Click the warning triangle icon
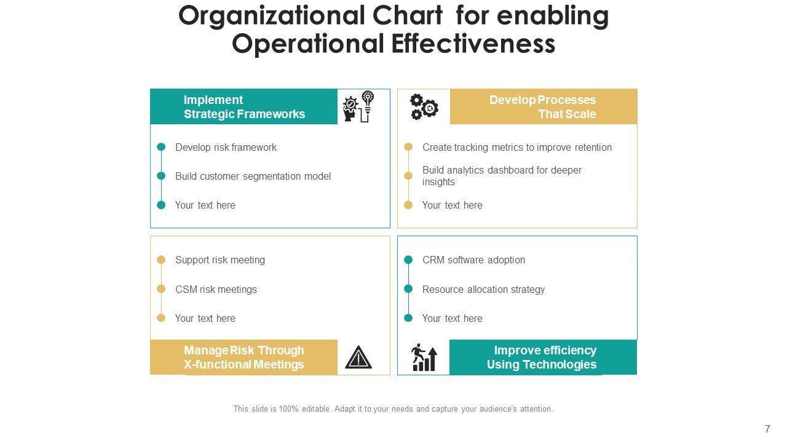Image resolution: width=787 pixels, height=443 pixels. coord(358,357)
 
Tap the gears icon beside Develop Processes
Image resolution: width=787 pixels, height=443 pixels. coord(424,106)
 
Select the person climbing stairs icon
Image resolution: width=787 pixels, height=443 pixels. coord(424,357)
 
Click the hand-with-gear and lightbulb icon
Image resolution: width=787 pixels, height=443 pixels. coord(358,106)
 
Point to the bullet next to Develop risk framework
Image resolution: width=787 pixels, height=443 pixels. coord(161,147)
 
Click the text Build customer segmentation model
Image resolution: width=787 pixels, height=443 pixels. coord(253,177)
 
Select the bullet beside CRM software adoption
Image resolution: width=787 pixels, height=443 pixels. coord(408,260)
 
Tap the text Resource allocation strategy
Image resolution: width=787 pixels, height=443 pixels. coord(483,289)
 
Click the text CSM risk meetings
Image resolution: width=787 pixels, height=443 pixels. coord(216,289)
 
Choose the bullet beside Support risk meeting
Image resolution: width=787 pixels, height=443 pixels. coord(161,260)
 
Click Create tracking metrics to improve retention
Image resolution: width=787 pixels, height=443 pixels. coord(516,148)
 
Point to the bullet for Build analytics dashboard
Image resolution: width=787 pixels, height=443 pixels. coord(408,176)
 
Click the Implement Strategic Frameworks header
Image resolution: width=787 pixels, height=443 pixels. coord(244,106)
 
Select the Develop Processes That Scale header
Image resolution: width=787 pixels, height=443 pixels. coord(543,106)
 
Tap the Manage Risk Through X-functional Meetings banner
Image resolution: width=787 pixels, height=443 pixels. coord(243,357)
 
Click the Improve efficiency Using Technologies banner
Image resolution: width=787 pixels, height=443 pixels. coord(542,357)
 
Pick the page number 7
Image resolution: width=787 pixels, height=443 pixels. coord(767,429)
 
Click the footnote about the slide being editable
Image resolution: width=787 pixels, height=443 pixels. coord(393,409)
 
